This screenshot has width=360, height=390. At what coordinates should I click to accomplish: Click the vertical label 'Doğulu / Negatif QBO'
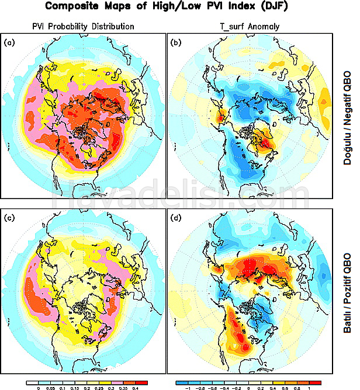click(x=346, y=111)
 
